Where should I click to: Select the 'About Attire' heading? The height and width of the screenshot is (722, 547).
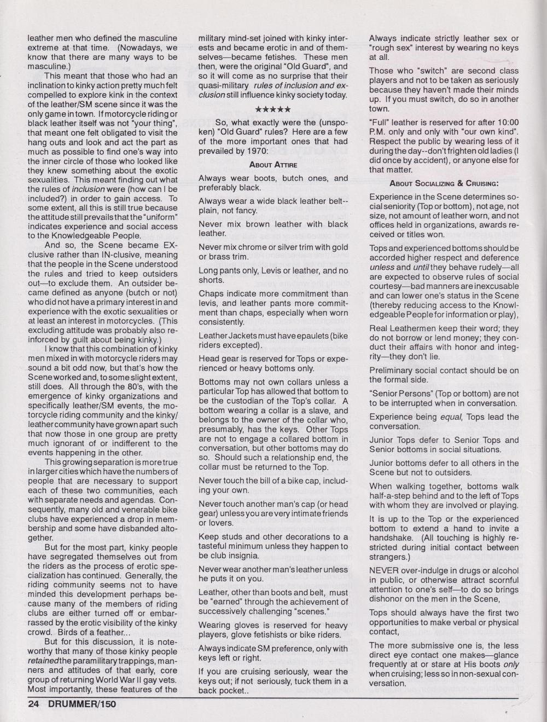[x=273, y=164]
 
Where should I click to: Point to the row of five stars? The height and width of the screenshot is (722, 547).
[x=273, y=109]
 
